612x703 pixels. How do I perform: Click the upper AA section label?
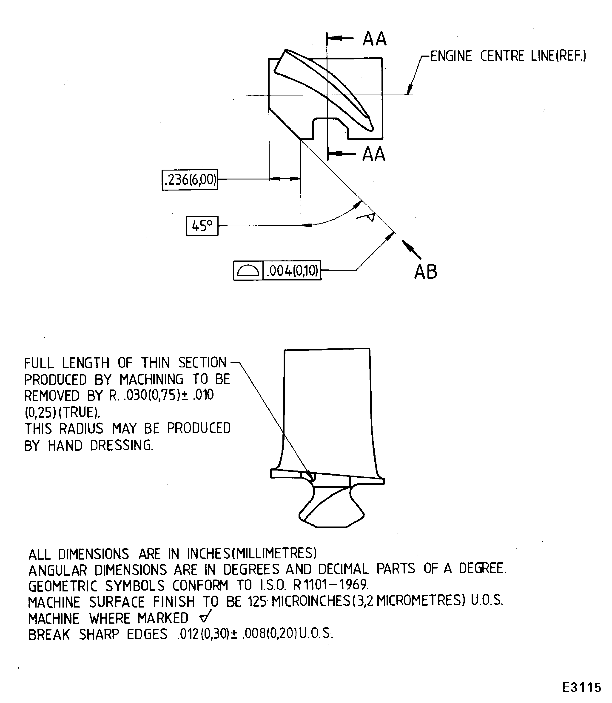375,39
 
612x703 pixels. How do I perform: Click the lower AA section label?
374,154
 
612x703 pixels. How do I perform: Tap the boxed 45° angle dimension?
202,226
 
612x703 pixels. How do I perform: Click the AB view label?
426,272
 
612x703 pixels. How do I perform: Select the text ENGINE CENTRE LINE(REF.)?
508,56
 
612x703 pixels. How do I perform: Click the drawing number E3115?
582,687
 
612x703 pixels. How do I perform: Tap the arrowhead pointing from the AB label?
406,245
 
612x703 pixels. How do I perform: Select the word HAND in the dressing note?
65,445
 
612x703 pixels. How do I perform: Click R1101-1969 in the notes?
331,585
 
